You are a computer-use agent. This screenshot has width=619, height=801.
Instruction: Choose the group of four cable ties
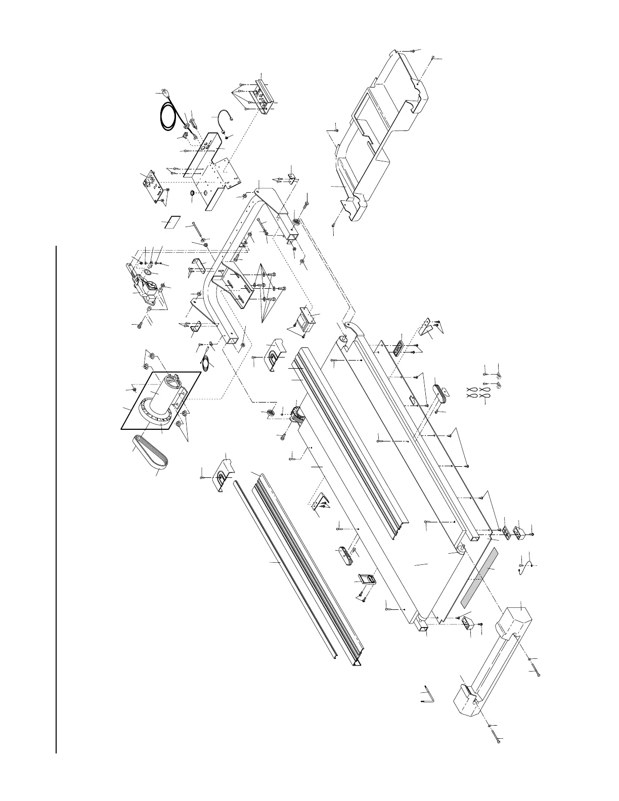tap(477, 393)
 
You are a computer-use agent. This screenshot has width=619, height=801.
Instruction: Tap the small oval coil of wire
tap(206, 365)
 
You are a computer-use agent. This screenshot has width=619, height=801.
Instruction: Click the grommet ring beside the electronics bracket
tap(193, 195)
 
